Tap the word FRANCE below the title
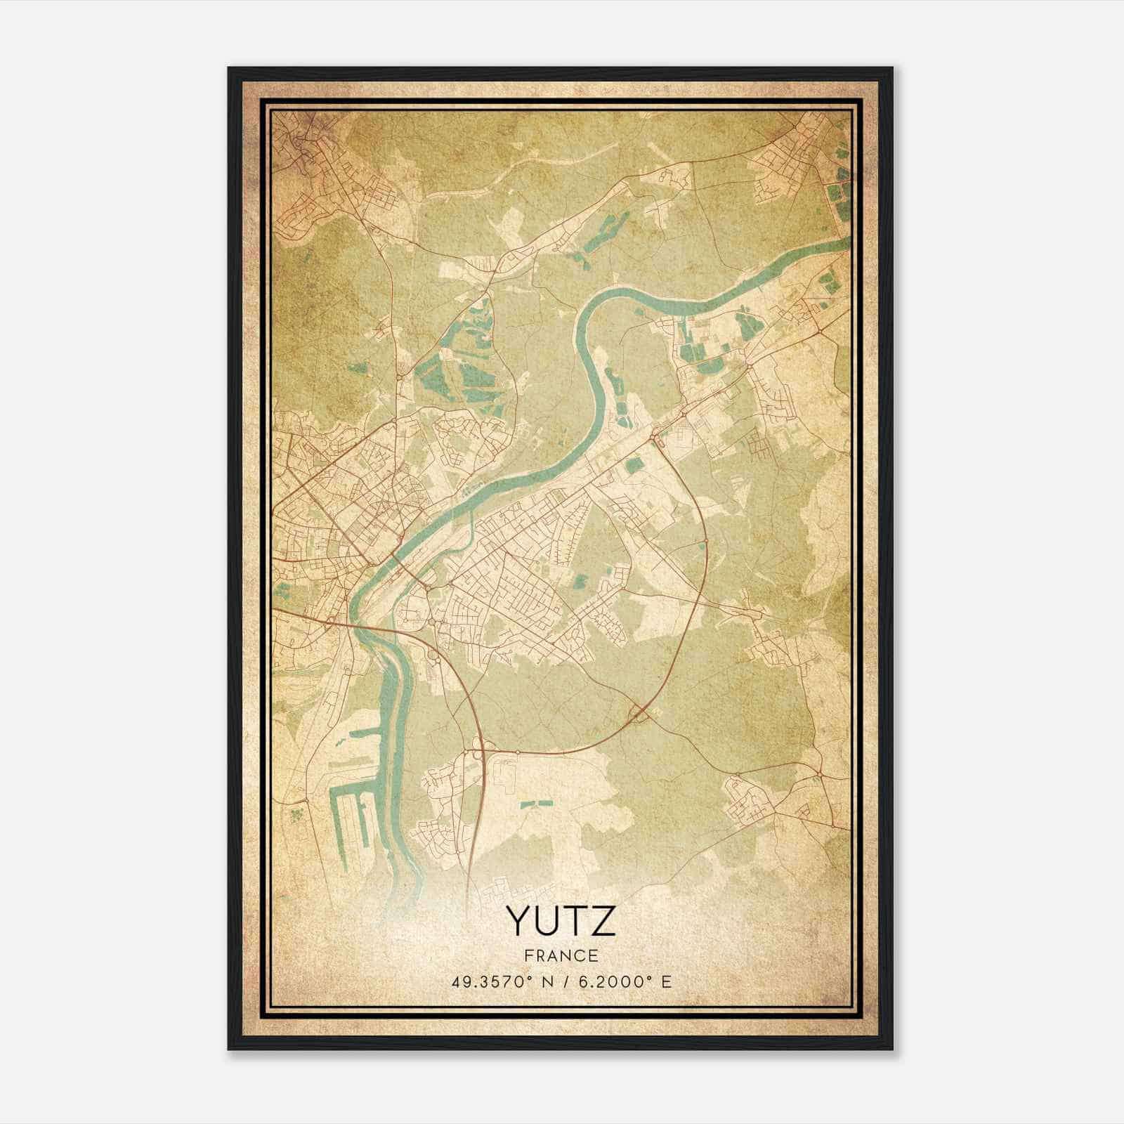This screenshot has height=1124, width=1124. [561, 956]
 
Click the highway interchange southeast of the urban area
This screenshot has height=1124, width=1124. [641, 714]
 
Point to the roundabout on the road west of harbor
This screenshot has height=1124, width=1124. [307, 801]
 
